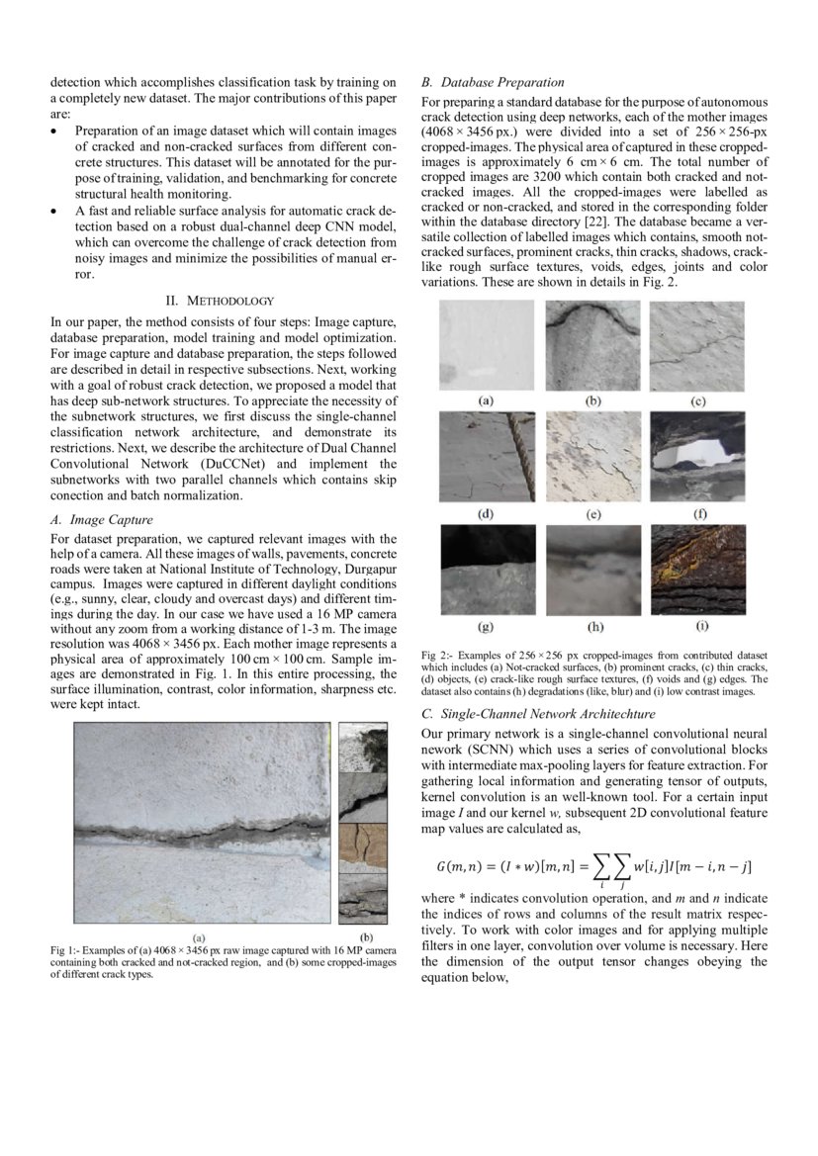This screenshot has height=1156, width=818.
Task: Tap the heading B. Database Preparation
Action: click(493, 82)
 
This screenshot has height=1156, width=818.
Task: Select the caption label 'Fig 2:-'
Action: click(435, 655)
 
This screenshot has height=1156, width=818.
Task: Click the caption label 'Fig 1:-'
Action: click(65, 950)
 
